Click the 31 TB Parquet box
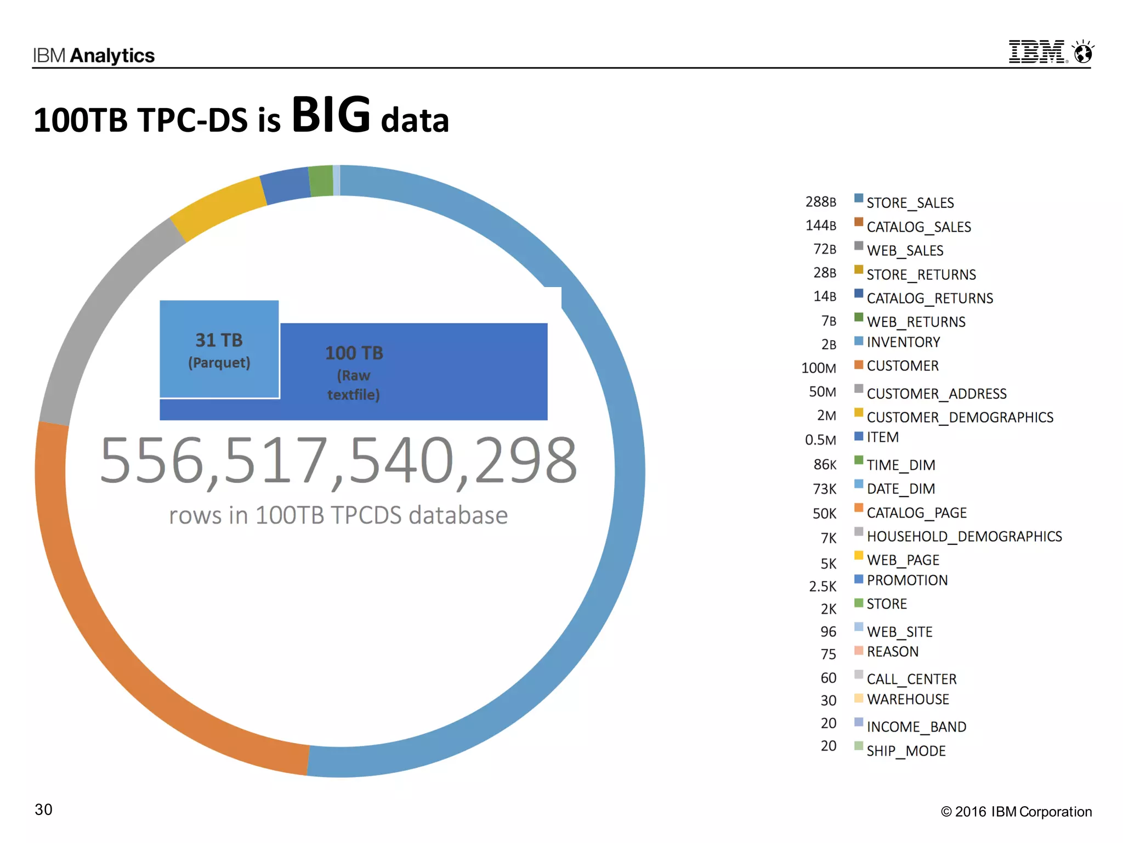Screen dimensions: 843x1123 tap(219, 349)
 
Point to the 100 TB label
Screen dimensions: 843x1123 tap(354, 353)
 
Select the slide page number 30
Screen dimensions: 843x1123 tap(43, 810)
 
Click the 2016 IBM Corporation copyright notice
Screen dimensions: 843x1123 tap(1016, 812)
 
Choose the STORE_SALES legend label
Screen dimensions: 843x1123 tap(910, 203)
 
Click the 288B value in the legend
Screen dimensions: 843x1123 tap(821, 202)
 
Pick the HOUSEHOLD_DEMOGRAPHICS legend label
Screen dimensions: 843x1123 tap(965, 536)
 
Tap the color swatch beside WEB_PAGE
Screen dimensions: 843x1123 tap(859, 555)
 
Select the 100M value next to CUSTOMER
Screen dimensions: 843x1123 tap(819, 368)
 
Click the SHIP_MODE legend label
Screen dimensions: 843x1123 tap(906, 751)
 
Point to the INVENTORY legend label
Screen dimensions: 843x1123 tap(904, 342)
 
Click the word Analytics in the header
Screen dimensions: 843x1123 tap(112, 55)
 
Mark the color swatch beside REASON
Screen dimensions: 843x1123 tap(859, 650)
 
